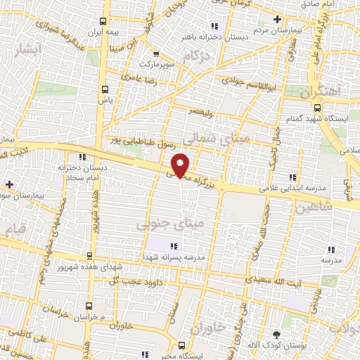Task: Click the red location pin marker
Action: [181, 165]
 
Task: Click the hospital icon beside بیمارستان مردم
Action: [278, 19]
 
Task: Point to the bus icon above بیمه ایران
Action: [104, 21]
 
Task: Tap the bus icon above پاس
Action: [105, 89]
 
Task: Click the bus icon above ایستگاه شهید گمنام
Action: [317, 108]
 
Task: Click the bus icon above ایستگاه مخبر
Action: [182, 345]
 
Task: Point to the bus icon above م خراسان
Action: [89, 306]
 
